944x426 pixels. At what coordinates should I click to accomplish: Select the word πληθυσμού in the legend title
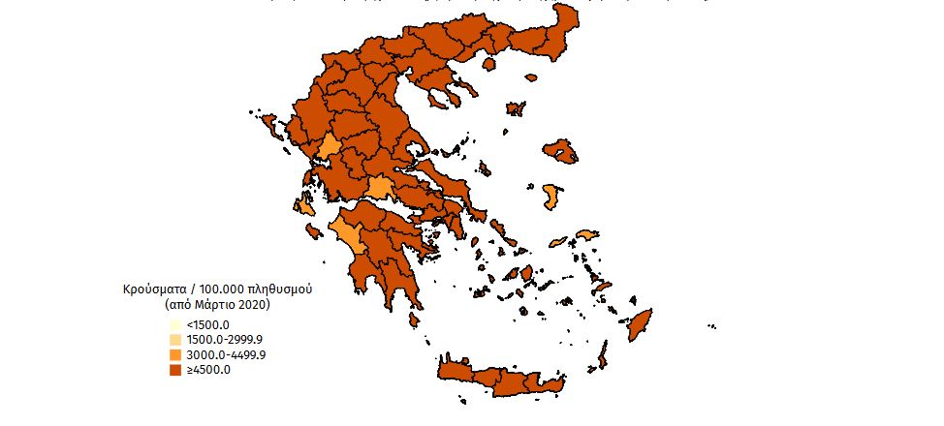[x=283, y=290]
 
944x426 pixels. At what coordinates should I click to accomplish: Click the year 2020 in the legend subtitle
[x=251, y=305]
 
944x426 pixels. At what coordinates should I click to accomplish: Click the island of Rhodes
[x=642, y=327]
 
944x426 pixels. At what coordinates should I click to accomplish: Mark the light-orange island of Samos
[x=588, y=235]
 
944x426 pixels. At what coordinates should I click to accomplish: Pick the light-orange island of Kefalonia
[x=306, y=206]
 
